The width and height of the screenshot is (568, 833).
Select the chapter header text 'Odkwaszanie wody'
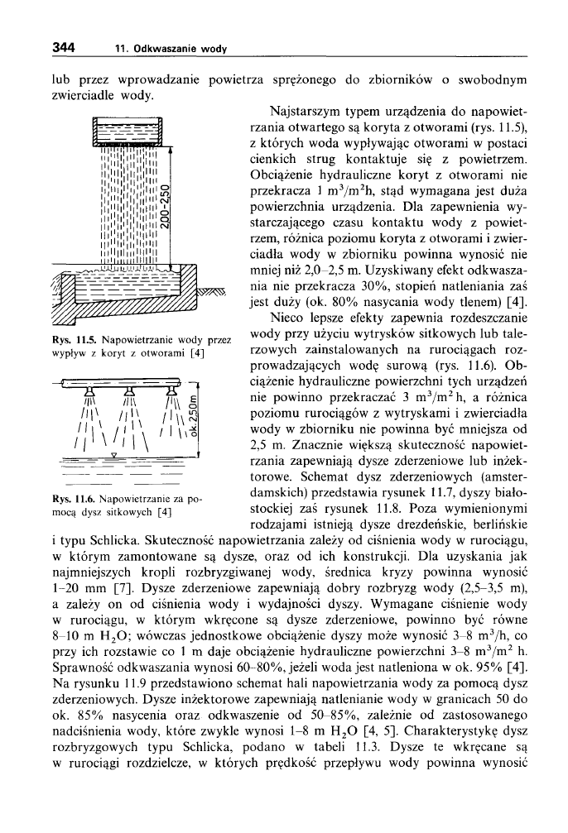click(183, 50)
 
